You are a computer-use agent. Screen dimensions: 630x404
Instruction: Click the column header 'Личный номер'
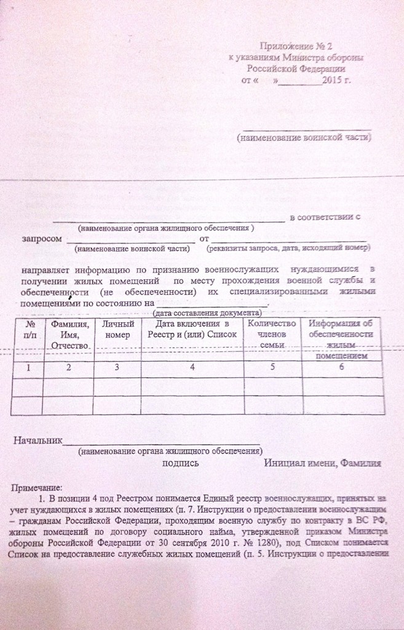click(x=117, y=330)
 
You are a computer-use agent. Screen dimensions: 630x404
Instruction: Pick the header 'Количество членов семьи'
click(x=271, y=334)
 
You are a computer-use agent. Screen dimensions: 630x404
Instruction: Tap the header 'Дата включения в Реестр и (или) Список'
click(x=192, y=329)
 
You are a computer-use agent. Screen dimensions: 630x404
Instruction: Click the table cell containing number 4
click(x=192, y=367)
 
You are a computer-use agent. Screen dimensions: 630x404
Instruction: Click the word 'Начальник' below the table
click(x=38, y=441)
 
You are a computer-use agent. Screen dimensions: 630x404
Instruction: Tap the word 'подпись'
click(x=180, y=463)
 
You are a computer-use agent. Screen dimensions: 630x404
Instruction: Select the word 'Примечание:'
click(x=37, y=488)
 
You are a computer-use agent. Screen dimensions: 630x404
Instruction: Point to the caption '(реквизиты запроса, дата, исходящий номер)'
click(x=288, y=249)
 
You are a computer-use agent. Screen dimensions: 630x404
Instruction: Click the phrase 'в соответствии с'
click(x=324, y=217)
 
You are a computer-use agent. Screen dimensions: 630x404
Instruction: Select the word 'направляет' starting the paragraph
click(x=46, y=269)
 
